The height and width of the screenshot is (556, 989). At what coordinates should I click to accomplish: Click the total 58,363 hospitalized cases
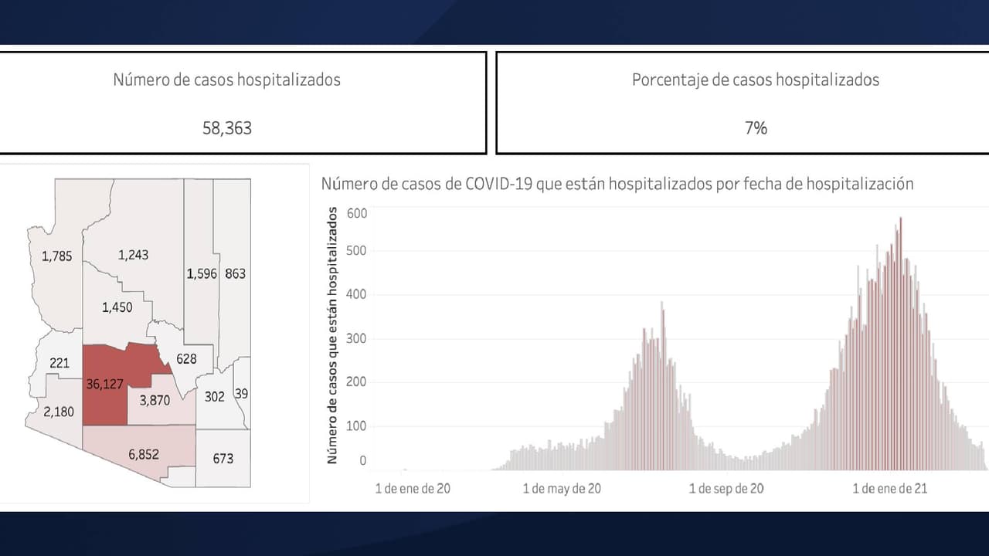pos(227,128)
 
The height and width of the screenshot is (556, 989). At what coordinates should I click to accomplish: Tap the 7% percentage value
pos(756,128)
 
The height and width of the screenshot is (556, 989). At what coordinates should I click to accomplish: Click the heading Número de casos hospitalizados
pos(226,80)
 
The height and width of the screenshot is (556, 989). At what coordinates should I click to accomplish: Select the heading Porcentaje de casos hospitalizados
pos(755,80)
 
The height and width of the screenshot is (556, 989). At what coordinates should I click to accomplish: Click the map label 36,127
pos(105,384)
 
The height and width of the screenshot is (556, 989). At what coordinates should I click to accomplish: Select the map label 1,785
pos(56,256)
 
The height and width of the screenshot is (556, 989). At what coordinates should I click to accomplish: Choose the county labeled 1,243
pos(133,255)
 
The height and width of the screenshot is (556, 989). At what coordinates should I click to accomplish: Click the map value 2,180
pos(59,412)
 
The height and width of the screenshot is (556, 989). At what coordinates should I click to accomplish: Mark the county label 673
pos(223,459)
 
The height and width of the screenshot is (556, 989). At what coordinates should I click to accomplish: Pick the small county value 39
pos(242,394)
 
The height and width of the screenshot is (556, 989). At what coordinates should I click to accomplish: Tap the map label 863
pos(235,273)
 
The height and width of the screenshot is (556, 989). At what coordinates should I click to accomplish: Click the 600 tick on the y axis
pos(356,212)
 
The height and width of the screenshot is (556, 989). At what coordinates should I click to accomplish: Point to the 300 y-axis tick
pos(356,338)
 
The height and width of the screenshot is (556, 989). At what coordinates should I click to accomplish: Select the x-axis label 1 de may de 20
pos(562,489)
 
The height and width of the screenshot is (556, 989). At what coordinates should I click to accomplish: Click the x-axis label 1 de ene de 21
pos(889,489)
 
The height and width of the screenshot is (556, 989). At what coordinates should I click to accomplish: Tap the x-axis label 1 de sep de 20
pos(726,489)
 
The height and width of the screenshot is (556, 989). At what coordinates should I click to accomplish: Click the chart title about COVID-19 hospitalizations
pos(617,184)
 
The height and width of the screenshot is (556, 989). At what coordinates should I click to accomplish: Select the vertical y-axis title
pos(333,335)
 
